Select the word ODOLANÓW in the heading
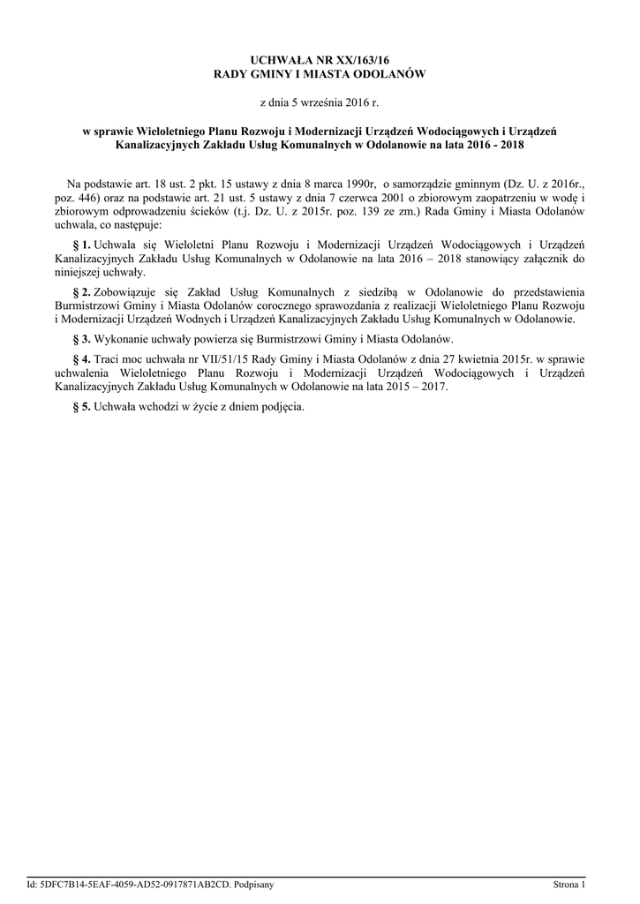[x=388, y=75]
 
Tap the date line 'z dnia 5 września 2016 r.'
[x=320, y=104]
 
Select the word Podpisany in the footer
[x=253, y=884]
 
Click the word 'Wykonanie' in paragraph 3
[x=122, y=339]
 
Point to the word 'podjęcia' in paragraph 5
[x=282, y=407]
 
